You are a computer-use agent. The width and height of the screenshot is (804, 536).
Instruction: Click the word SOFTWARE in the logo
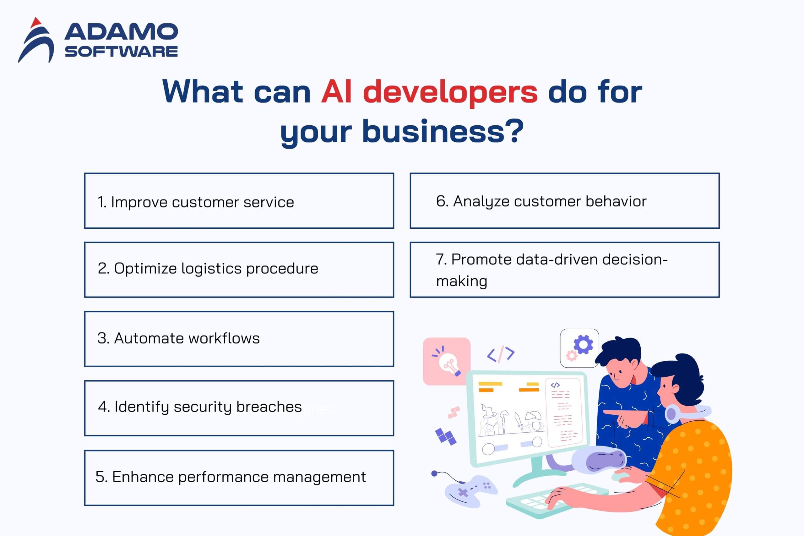tap(121, 52)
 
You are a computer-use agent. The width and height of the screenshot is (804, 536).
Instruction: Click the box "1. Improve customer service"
tap(239, 201)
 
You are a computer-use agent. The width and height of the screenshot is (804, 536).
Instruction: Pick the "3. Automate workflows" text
tap(178, 338)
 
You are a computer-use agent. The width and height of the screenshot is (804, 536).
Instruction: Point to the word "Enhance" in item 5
tap(143, 477)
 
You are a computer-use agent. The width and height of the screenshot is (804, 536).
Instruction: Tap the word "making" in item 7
tap(462, 281)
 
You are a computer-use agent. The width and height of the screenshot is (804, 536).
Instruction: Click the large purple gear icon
tap(583, 345)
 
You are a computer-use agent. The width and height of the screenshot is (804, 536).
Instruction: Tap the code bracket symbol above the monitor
tap(501, 354)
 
